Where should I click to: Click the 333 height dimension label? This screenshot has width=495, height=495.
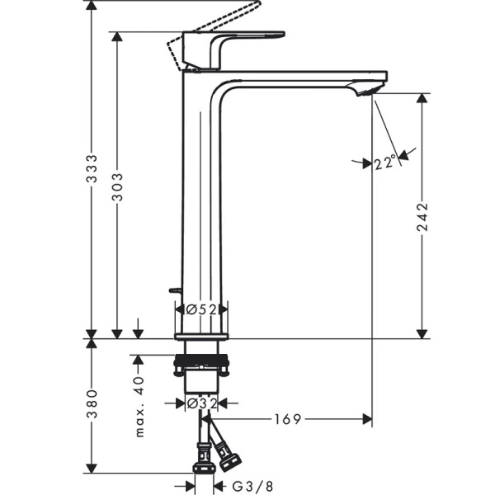(x=93, y=168)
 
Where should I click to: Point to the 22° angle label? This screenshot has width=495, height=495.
(x=385, y=163)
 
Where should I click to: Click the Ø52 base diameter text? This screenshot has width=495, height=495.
(x=200, y=309)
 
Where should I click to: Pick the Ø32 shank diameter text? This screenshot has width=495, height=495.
(x=200, y=403)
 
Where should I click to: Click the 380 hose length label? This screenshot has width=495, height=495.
(x=93, y=404)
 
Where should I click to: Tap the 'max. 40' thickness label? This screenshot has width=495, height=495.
(x=139, y=405)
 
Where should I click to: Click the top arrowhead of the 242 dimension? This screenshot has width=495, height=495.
(x=422, y=98)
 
